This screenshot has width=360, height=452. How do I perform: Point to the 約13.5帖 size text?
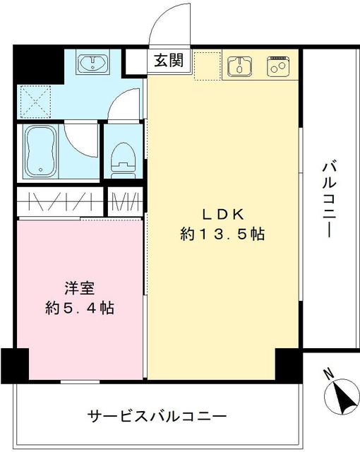[x=222, y=235]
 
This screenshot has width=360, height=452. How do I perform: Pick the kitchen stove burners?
[x=277, y=66]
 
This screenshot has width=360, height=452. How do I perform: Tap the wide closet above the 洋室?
[x=60, y=203]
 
